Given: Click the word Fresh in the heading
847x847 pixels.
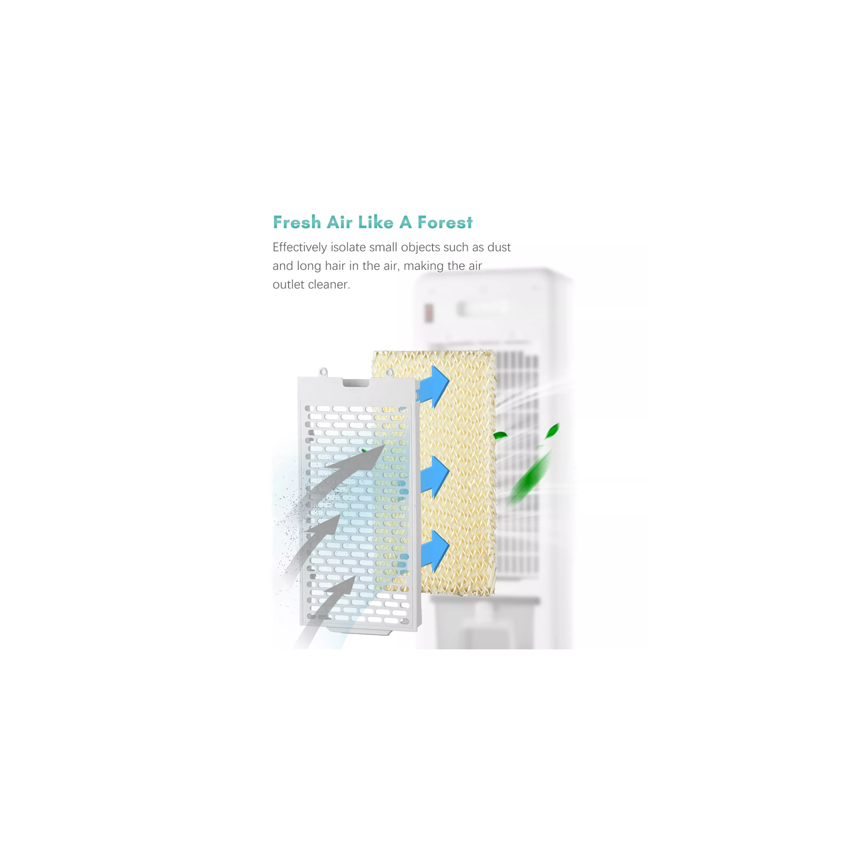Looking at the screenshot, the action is point(297,222).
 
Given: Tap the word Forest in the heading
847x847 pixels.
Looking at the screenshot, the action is point(445,222).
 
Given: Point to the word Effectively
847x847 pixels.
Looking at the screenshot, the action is point(300,247).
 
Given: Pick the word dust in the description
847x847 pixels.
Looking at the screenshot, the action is point(499,247).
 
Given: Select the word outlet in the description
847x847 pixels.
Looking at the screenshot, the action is point(289,285).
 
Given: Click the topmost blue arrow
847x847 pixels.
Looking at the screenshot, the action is point(434,387).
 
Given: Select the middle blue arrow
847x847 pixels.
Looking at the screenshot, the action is point(435,477).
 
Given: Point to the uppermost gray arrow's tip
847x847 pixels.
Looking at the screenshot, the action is point(385,444).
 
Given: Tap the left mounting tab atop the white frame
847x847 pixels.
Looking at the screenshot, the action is point(323,372).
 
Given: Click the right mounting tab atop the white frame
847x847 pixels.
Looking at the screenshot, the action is point(389,373).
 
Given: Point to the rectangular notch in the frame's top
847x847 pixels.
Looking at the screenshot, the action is point(356,382).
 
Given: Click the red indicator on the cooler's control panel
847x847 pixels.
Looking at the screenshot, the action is point(429,313).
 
